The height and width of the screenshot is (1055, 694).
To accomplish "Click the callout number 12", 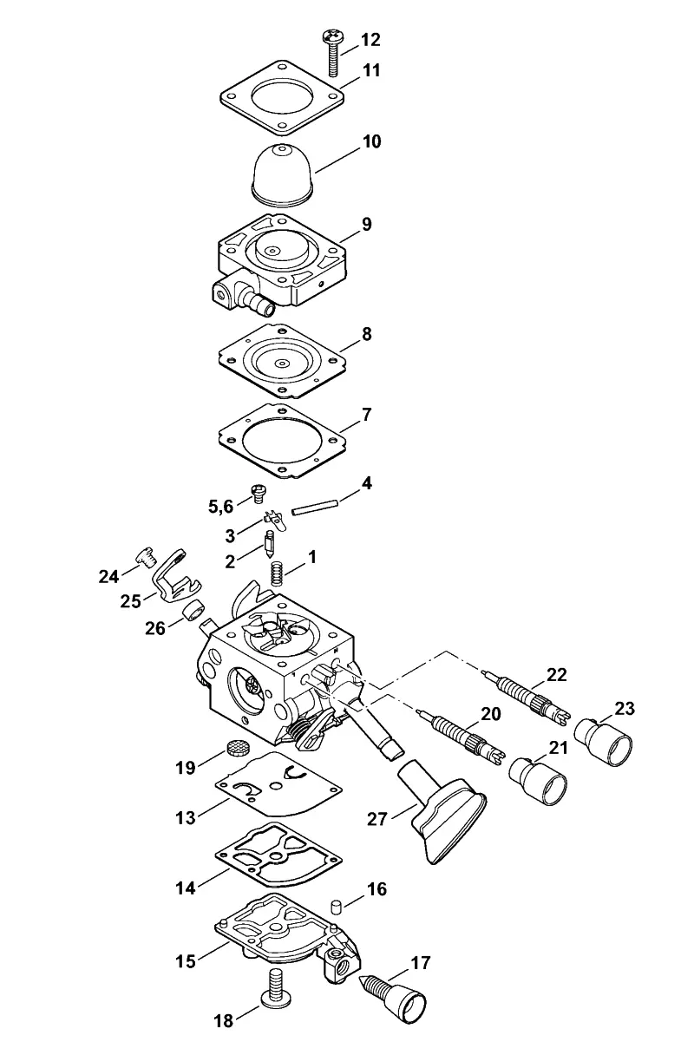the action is click(371, 40).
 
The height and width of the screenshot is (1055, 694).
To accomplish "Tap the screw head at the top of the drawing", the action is click(332, 36).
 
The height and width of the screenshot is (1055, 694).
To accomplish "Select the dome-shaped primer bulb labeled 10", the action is click(284, 174).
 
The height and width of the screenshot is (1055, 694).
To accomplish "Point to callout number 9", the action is click(367, 224).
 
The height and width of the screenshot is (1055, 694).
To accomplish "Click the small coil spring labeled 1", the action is click(278, 574).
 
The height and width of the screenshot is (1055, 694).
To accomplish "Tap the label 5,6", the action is click(221, 507).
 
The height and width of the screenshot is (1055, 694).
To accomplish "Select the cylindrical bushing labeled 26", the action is click(193, 612).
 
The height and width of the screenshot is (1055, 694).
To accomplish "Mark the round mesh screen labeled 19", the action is click(236, 746).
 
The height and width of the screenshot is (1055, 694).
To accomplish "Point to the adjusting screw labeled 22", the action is click(528, 695).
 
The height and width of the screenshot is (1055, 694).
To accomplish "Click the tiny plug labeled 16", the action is click(336, 905).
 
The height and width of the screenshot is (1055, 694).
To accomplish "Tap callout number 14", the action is click(186, 888).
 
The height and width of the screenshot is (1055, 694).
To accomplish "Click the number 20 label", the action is click(491, 714).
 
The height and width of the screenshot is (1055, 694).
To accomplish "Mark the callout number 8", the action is click(366, 334).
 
